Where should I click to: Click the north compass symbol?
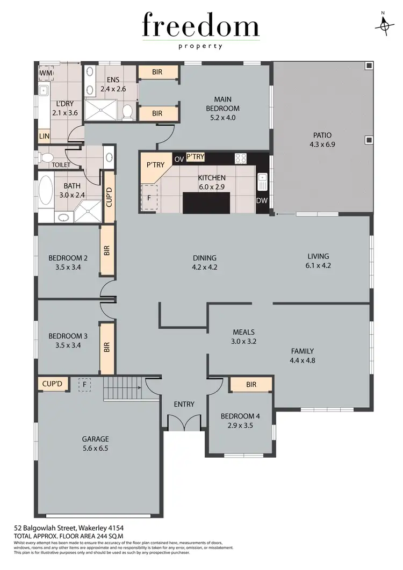[x=384, y=25]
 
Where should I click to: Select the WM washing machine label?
[x=46, y=72]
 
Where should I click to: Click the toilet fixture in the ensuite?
[x=127, y=111]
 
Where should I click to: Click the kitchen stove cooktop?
[x=241, y=158]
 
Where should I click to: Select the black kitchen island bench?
[x=206, y=203]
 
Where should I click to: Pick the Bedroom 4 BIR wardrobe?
[x=251, y=384]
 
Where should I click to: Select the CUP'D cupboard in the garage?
[x=53, y=384]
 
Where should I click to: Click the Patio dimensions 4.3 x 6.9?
[x=322, y=145]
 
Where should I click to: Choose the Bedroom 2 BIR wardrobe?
[x=107, y=250]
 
